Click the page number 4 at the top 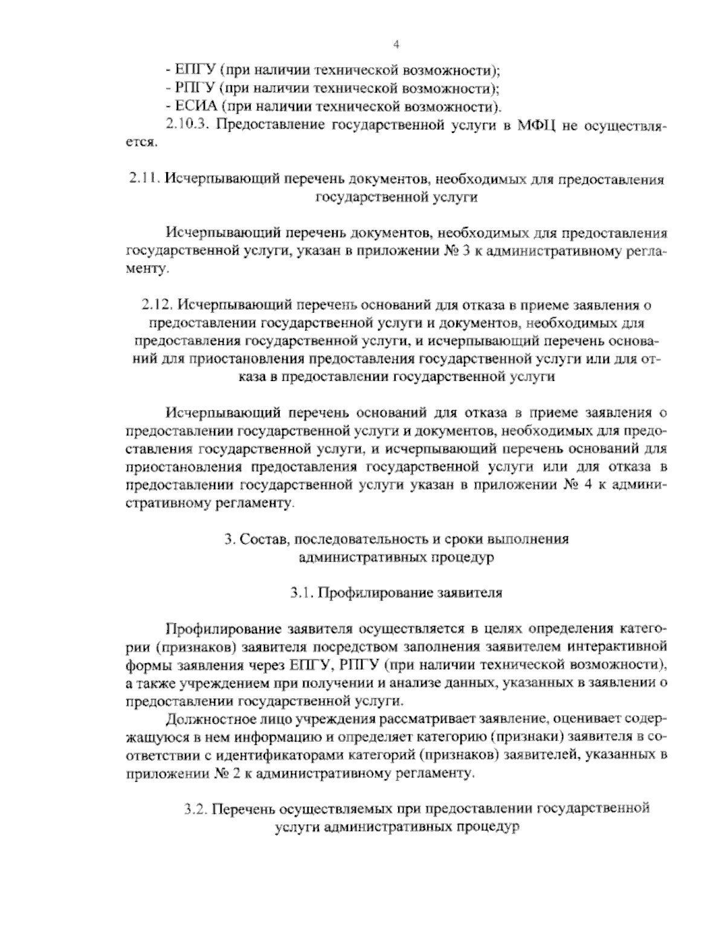point(396,44)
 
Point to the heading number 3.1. point(300,593)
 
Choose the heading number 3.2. point(196,809)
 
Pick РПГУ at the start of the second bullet point(195,89)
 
